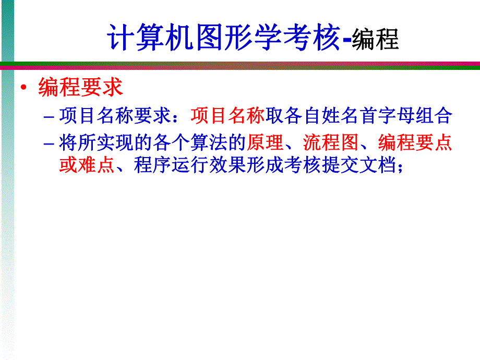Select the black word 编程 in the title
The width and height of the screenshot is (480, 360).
375,40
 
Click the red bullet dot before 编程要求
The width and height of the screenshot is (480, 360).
23,88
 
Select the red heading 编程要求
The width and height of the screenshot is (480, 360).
80,88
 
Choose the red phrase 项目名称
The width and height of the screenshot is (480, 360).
227,116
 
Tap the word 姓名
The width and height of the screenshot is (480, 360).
340,116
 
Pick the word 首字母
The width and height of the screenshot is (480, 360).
387,116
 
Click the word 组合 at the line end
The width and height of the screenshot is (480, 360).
434,116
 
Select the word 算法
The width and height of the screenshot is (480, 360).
209,142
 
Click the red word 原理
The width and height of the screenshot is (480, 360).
266,142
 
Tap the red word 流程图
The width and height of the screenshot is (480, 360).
331,142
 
